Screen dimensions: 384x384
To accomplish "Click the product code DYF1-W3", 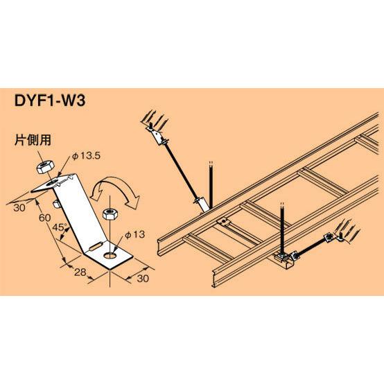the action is tap(50, 101).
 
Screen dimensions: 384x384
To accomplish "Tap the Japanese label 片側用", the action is tap(33, 140).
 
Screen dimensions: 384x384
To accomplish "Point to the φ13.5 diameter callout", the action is tap(87, 156).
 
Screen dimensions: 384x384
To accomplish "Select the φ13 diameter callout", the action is tap(134, 234).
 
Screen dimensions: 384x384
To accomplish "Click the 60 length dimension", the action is tap(45, 218).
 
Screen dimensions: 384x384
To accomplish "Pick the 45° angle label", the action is tap(60, 228).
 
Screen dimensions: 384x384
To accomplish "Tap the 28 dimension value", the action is tap(80, 272).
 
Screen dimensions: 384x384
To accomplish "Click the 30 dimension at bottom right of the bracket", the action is tap(143, 279).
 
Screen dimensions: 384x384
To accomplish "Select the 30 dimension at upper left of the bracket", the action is tap(19, 208).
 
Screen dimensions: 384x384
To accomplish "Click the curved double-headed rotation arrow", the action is tap(114, 188).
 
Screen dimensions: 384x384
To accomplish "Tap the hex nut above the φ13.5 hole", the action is tap(45, 166).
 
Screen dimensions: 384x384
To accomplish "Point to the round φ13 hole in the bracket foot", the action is tap(110, 256).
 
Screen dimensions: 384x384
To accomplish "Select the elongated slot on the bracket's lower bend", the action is tap(96, 246).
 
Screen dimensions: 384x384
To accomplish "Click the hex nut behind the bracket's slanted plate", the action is tap(56, 204).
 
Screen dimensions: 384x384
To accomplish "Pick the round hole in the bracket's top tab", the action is tap(53, 182).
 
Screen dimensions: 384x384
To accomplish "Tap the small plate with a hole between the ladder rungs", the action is tap(223, 222).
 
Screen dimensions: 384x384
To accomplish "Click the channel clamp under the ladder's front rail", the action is tap(283, 260).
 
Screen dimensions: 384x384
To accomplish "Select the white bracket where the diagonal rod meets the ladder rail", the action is tap(203, 204).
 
